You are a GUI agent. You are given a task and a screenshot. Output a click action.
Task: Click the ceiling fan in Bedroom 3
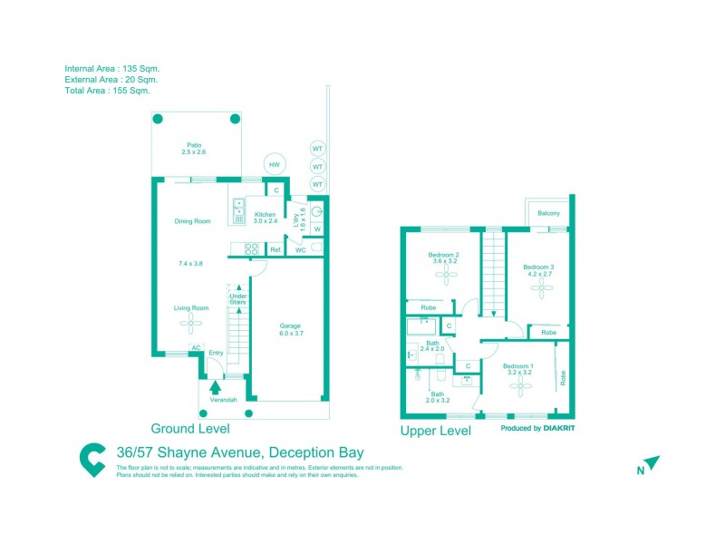pyautogui.click(x=543, y=288)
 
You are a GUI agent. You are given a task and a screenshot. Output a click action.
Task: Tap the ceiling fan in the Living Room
pyautogui.click(x=191, y=323)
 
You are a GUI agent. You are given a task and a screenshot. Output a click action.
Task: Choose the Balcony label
pyautogui.click(x=548, y=213)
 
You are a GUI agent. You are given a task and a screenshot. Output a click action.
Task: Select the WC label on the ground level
pyautogui.click(x=299, y=249)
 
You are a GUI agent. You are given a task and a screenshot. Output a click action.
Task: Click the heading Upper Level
pyautogui.click(x=436, y=432)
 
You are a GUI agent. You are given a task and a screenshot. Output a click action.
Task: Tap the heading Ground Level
pyautogui.click(x=189, y=428)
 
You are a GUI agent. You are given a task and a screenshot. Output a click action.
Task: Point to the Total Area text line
pyautogui.click(x=107, y=91)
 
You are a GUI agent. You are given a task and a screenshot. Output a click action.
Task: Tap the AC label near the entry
pyautogui.click(x=194, y=347)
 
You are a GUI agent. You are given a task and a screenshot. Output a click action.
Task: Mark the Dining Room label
pyautogui.click(x=192, y=221)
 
